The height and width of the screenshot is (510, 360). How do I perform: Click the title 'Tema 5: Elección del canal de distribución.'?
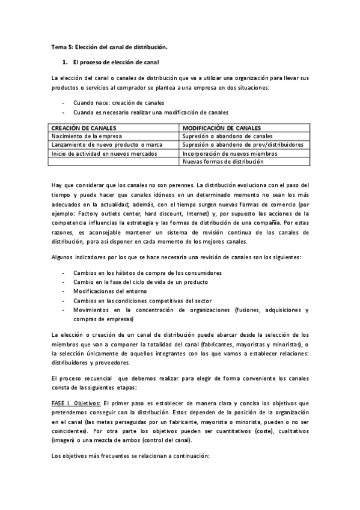(x=109, y=46)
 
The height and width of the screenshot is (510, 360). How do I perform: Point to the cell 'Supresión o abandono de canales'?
(x=227, y=137)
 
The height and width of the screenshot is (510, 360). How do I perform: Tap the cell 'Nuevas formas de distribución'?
(x=223, y=162)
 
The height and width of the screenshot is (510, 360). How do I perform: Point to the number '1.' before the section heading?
(x=66, y=62)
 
